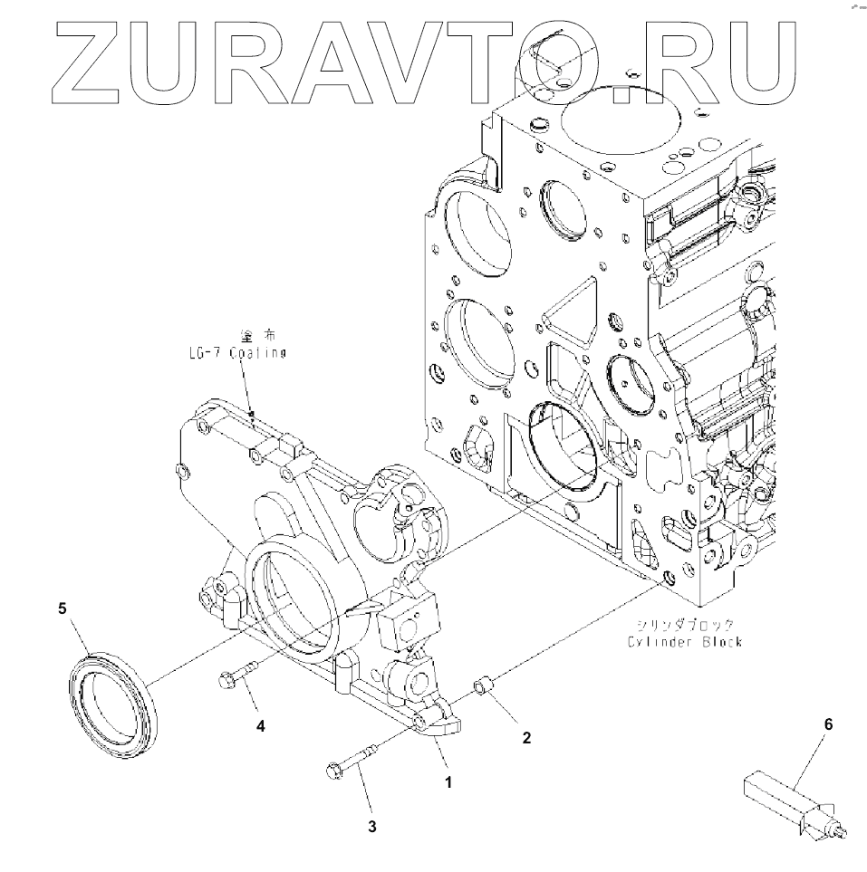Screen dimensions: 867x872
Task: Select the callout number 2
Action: click(525, 737)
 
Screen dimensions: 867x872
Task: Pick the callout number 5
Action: click(63, 609)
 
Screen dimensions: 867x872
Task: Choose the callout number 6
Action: click(827, 724)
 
